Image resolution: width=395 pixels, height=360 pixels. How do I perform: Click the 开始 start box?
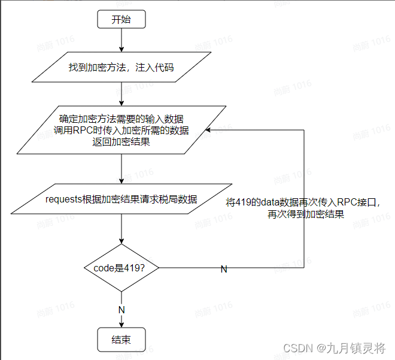coord(121,19)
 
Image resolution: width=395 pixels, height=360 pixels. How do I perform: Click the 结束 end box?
coord(121,340)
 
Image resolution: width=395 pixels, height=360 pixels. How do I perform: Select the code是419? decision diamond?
coord(121,268)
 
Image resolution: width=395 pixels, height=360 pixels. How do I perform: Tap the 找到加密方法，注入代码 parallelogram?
coord(121,68)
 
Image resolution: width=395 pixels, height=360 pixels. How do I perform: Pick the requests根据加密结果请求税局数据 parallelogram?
coord(121,199)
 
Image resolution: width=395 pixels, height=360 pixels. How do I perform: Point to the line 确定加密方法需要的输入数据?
coord(121,118)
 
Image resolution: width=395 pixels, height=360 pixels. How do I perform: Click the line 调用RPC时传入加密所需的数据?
coord(121,130)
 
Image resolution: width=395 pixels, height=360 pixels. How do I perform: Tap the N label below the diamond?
coord(121,310)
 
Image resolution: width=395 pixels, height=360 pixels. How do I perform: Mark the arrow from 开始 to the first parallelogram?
coord(121,40)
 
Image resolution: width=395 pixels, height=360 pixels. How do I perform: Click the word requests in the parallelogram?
coord(64,199)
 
